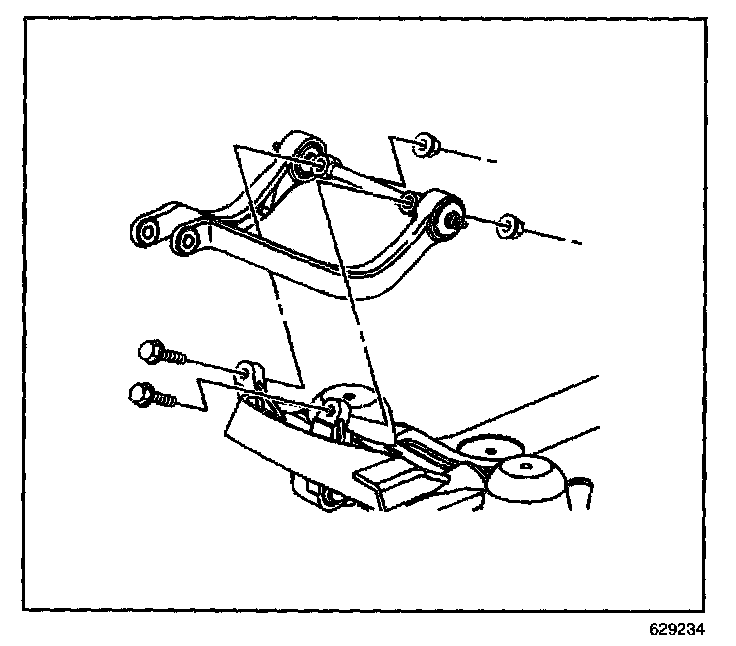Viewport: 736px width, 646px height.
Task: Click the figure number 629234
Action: tap(676, 632)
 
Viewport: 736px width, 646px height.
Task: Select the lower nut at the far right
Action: tap(510, 226)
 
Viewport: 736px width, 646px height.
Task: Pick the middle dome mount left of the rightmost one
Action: tap(488, 449)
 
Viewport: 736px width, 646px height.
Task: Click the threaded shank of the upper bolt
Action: tap(178, 357)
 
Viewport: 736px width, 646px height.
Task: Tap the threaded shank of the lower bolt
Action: tap(166, 400)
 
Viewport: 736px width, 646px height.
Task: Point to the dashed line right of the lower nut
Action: tap(555, 237)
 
